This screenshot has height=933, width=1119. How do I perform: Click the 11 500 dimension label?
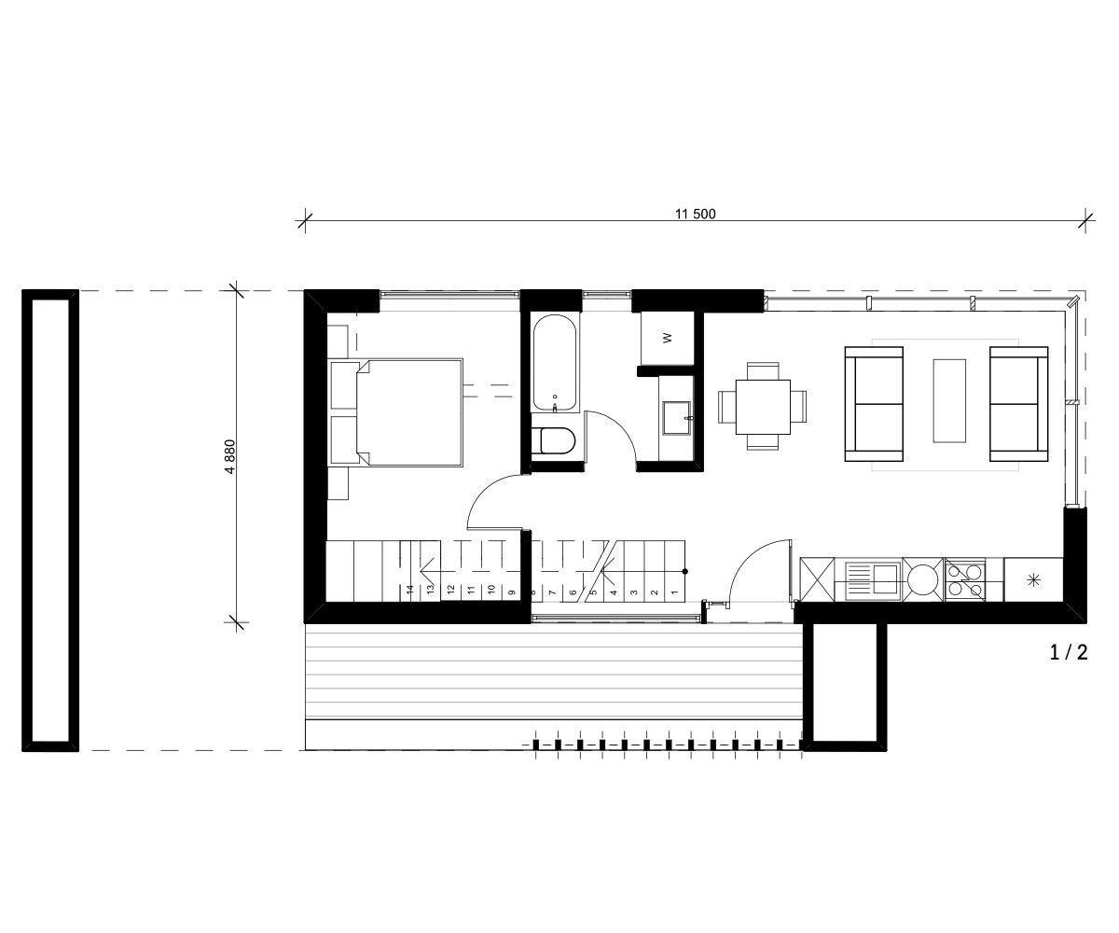695,214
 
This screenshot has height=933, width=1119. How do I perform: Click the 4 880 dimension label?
229,456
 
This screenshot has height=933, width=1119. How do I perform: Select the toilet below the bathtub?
555,441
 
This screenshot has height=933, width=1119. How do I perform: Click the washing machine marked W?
667,339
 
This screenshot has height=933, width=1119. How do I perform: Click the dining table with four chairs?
763,406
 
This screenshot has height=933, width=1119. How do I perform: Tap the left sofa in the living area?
874,404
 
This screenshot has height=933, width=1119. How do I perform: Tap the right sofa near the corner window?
1018,404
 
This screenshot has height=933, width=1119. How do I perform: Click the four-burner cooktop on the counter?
964,579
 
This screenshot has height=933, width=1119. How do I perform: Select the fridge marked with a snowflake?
1033,579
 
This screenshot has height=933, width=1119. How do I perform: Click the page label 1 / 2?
1069,652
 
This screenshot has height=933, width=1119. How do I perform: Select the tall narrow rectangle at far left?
50,521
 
